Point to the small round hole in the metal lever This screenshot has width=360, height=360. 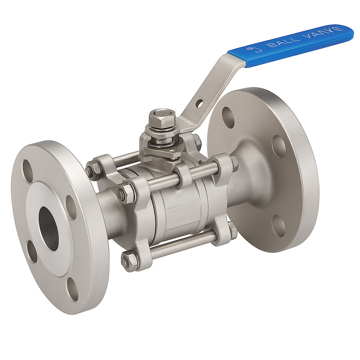pyautogui.click(x=199, y=103)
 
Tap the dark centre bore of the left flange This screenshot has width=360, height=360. pyautogui.click(x=48, y=229)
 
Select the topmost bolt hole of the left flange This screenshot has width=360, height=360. pyautogui.click(x=27, y=171)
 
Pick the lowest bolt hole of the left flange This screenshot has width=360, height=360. pyautogui.click(x=73, y=289)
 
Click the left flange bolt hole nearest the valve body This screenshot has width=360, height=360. pyautogui.click(x=71, y=207)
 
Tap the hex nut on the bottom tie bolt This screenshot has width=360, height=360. pyautogui.click(x=129, y=261)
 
